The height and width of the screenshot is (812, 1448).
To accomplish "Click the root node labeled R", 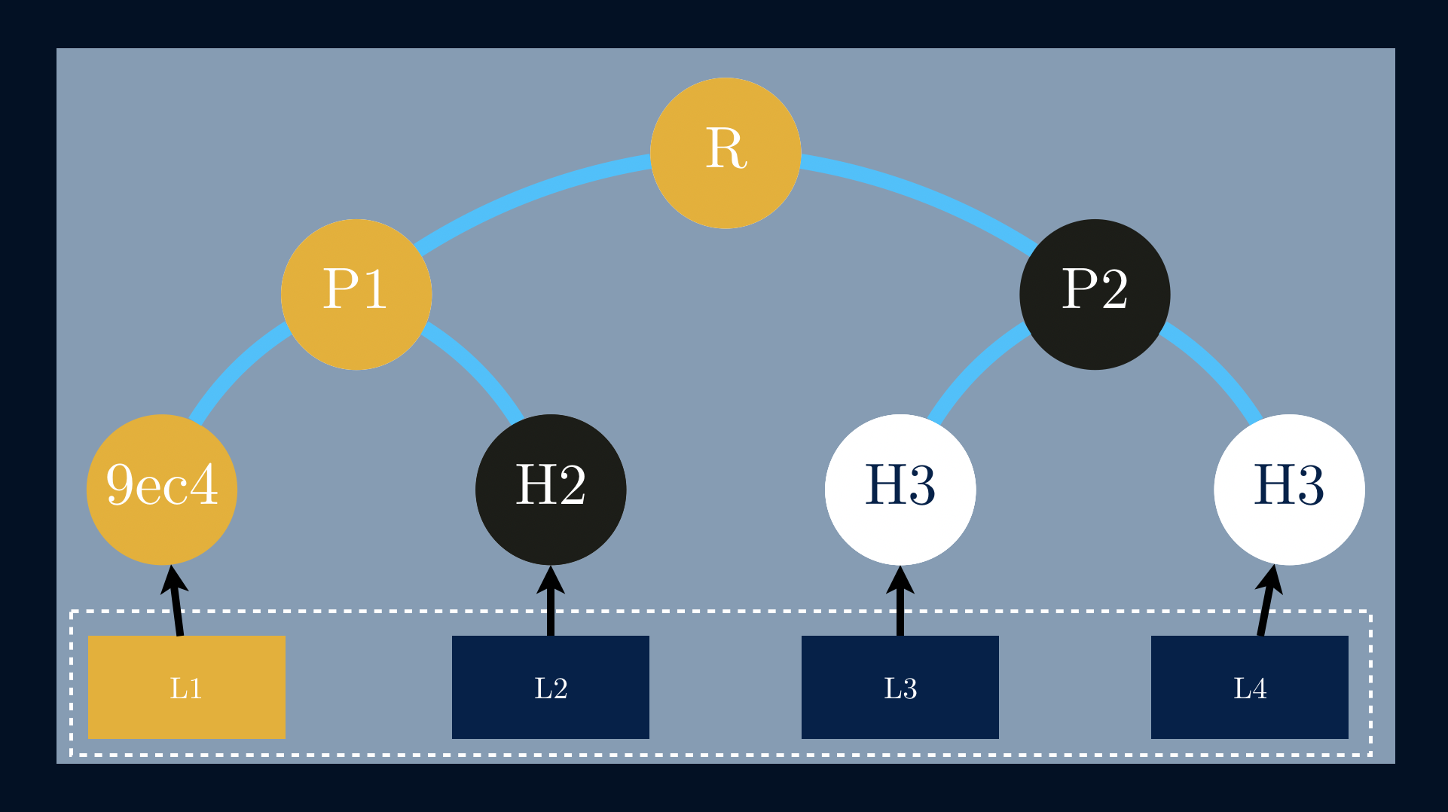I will point(725,153).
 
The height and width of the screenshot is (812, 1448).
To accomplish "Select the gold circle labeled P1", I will point(356,295).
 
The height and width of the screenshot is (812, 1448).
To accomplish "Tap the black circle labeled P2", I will point(1095,295).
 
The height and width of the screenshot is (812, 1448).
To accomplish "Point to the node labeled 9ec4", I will point(162,490).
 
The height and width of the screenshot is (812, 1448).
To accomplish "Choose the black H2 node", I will point(551,490).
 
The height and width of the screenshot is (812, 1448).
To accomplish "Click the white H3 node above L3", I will point(900,490).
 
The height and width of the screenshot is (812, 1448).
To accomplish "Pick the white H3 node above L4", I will point(1289,490).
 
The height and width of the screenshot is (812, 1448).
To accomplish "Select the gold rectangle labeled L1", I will point(187,687).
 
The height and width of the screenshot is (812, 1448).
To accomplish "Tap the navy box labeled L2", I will point(551,687).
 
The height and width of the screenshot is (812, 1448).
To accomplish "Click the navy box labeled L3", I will point(900,687).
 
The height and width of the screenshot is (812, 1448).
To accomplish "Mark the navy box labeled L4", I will point(1250,687).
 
